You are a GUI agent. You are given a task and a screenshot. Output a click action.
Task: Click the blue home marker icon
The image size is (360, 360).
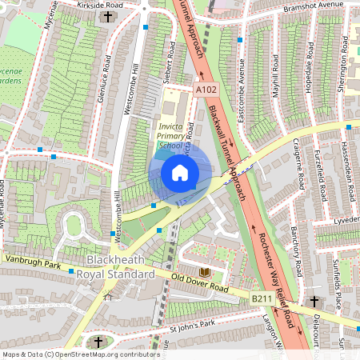point(180,173)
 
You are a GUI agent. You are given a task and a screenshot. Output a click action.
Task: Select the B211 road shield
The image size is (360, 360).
point(262,298)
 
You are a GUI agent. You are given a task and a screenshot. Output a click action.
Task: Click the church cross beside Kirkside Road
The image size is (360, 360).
point(109,16)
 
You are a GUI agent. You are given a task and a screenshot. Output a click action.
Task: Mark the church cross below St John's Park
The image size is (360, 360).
point(98,342)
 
